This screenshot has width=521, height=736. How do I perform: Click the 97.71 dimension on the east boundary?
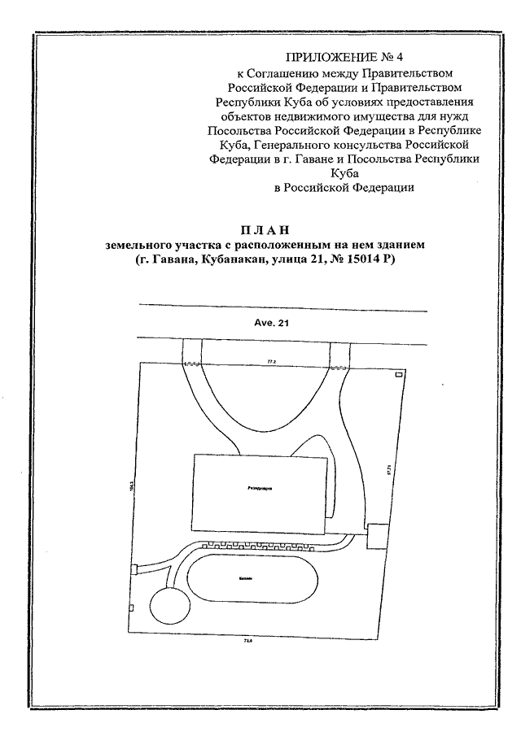point(390,469)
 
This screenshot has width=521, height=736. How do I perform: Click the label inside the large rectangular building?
point(260,490)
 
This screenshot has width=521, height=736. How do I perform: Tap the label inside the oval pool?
point(247,578)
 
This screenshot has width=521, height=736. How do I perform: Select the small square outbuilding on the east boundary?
point(377,537)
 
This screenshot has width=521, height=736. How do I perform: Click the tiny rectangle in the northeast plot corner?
point(398,375)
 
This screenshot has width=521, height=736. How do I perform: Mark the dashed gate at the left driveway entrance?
point(193,364)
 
